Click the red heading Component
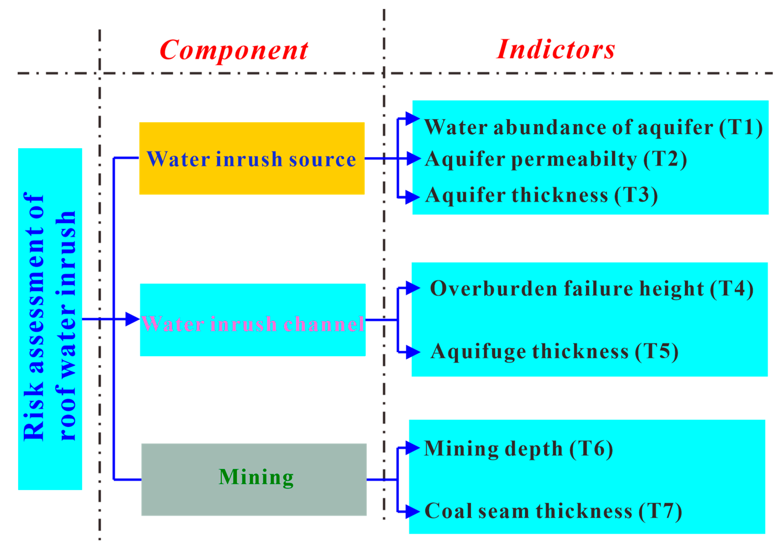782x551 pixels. click(x=234, y=50)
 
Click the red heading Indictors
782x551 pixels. click(x=556, y=50)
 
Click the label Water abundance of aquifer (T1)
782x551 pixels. click(x=593, y=127)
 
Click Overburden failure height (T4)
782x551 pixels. click(x=592, y=289)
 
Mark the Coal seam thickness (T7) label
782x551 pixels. click(x=553, y=511)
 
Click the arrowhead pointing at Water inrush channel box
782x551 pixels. click(x=132, y=319)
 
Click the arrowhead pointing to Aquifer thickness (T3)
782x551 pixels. click(x=412, y=197)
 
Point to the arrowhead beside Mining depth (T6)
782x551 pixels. click(x=412, y=448)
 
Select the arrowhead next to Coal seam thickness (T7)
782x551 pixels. click(x=412, y=512)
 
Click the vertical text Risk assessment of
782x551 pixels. click(x=34, y=317)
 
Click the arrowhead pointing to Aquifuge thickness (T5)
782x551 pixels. click(x=413, y=352)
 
